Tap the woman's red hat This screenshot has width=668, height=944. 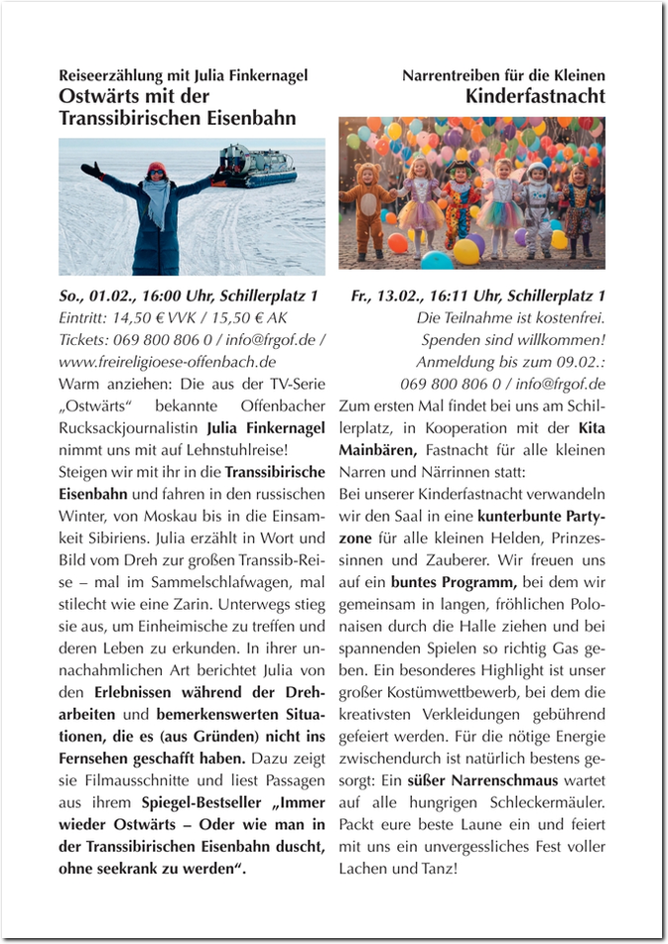158,170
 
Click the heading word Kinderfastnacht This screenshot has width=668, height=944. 535,96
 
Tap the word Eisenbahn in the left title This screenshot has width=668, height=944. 251,118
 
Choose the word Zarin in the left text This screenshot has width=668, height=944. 191,603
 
